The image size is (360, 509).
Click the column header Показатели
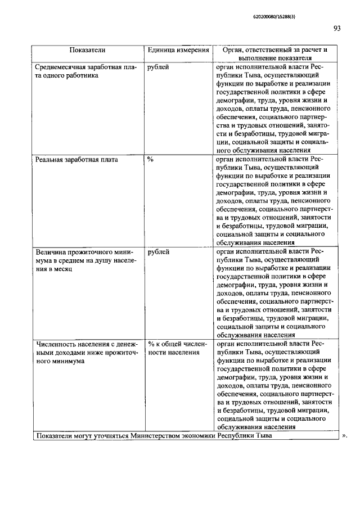87,51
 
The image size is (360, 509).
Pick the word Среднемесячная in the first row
60,67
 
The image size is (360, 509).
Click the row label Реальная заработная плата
76,160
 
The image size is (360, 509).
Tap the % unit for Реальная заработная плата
151,160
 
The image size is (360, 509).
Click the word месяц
71,269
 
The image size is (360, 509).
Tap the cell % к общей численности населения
177,349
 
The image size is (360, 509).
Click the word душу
98,260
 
